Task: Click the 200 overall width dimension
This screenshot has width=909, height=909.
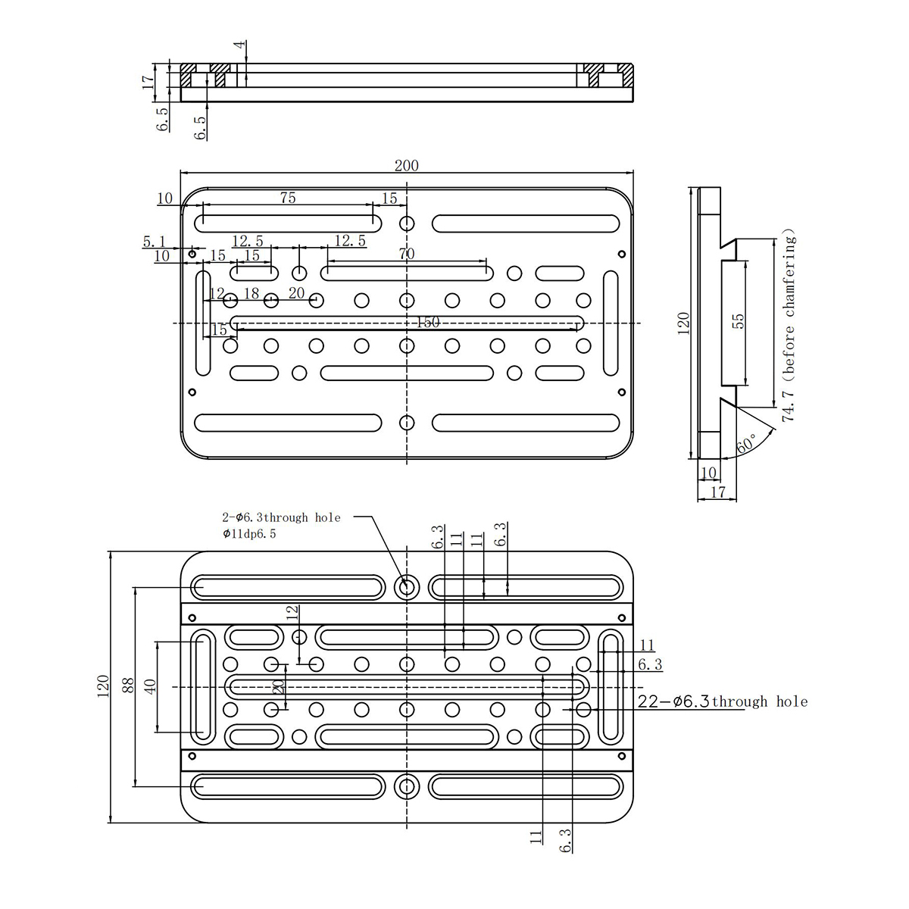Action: [x=406, y=166]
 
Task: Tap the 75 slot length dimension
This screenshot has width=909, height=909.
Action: [x=288, y=198]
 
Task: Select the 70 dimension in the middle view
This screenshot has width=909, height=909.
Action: [x=406, y=254]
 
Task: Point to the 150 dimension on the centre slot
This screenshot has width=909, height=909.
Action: [x=428, y=322]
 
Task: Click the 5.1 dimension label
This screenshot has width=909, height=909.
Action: [x=155, y=242]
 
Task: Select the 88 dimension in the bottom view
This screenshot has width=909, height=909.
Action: [x=128, y=685]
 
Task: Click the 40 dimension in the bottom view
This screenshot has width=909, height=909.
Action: [x=150, y=685]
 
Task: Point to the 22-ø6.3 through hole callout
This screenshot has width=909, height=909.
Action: [x=722, y=702]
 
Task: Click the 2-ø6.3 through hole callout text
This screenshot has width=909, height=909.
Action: [x=281, y=517]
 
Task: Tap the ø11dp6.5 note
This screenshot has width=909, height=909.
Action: [x=249, y=534]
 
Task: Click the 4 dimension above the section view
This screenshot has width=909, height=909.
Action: [x=240, y=45]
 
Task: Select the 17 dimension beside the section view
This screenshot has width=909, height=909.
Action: [x=148, y=82]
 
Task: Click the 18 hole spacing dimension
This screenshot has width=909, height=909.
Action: [x=251, y=293]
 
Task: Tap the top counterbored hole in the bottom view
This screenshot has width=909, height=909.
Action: [x=406, y=587]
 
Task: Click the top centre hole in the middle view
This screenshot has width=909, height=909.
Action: [x=407, y=223]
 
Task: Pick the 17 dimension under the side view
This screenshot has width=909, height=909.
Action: [x=717, y=492]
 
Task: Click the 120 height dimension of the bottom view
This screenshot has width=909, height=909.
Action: [x=102, y=686]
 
